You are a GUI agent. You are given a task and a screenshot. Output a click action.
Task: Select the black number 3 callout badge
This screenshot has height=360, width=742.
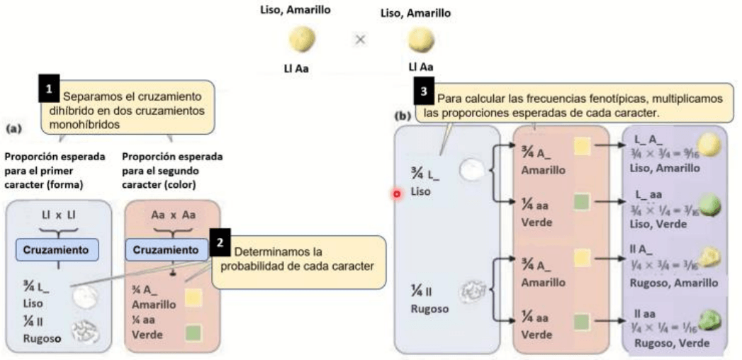click(425, 93)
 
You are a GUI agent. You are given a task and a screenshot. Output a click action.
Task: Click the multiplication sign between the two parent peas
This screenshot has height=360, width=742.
click(359, 40)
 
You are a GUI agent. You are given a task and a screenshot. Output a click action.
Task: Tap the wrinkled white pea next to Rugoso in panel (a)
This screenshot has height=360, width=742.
click(86, 331)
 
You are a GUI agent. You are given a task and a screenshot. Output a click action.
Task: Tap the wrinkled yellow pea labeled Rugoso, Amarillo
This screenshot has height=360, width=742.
click(711, 259)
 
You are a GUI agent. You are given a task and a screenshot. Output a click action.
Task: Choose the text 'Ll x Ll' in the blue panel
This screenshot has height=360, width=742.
click(57, 213)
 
